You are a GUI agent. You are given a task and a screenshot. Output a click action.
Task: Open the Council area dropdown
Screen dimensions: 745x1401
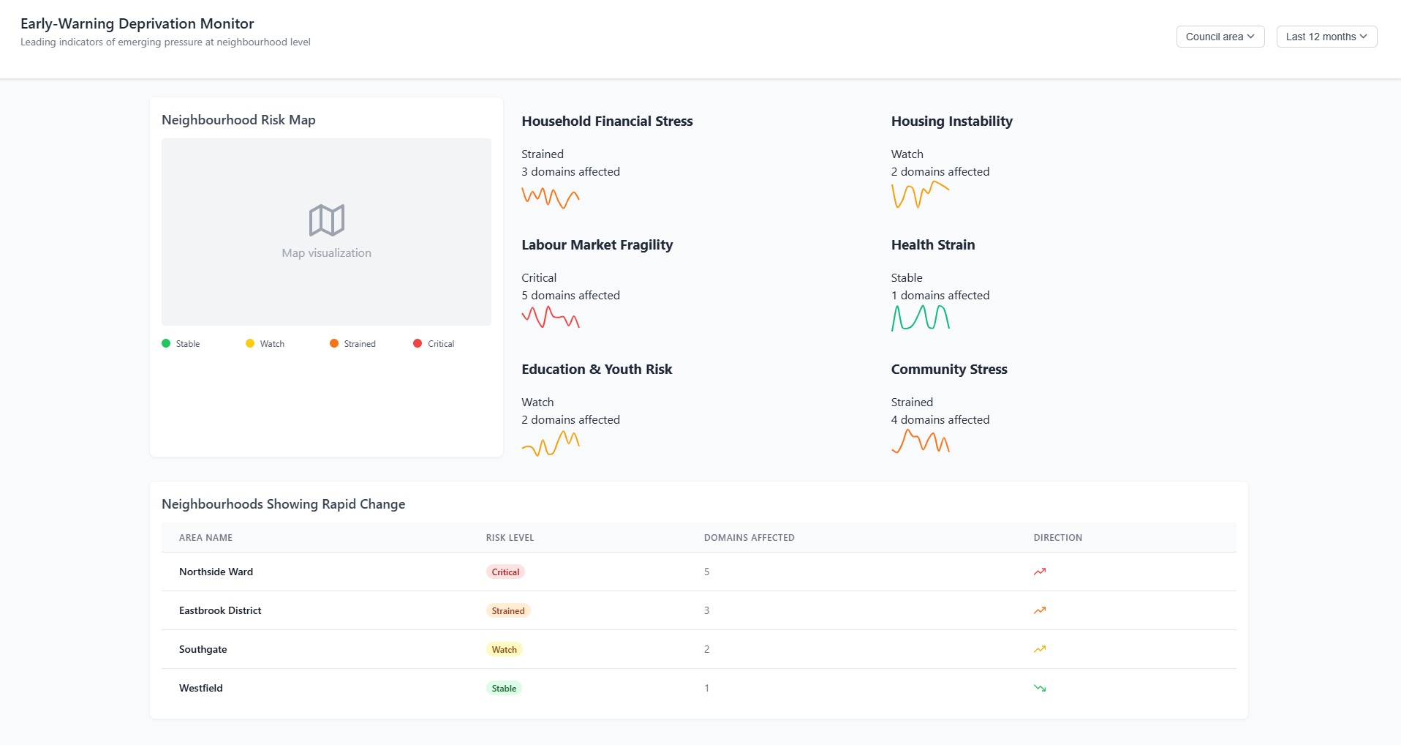click(x=1220, y=37)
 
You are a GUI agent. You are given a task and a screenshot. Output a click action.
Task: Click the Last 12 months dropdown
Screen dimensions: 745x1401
click(x=1326, y=37)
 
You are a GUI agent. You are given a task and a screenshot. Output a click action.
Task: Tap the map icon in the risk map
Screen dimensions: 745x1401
click(x=326, y=220)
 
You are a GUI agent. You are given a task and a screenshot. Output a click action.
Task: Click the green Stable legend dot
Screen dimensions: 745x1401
click(x=166, y=343)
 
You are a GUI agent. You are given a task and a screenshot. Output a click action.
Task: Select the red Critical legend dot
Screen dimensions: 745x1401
click(x=418, y=343)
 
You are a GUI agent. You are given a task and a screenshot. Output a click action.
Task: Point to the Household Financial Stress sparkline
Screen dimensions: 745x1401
click(x=551, y=198)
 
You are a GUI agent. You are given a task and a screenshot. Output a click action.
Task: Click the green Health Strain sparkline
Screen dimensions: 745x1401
click(x=920, y=318)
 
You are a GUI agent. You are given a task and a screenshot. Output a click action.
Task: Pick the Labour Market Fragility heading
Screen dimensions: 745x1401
click(x=597, y=245)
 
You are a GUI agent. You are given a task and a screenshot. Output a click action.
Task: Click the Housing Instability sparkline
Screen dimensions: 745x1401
click(x=920, y=195)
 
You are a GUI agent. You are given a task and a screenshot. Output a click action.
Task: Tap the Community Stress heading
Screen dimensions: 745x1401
click(x=948, y=370)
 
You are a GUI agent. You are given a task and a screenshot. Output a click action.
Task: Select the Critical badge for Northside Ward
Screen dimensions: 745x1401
click(x=505, y=572)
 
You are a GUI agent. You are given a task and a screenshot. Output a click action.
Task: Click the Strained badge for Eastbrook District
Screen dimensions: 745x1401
click(x=507, y=611)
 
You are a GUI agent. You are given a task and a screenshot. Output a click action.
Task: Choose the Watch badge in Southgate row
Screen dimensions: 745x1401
click(x=504, y=650)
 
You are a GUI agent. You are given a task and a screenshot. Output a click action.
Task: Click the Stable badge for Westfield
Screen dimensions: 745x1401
click(x=504, y=689)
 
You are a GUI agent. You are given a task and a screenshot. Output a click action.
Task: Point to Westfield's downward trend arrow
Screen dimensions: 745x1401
click(x=1040, y=688)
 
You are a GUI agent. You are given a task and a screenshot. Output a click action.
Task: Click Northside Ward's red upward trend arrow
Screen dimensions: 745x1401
click(x=1040, y=572)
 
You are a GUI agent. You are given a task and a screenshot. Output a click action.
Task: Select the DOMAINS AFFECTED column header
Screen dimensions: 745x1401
click(x=749, y=538)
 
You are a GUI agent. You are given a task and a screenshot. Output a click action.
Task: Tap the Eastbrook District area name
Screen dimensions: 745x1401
click(x=220, y=610)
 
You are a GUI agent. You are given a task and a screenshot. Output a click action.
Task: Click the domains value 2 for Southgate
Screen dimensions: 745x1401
click(x=706, y=649)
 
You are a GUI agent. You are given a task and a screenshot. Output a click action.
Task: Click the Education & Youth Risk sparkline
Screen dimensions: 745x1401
click(x=551, y=443)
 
